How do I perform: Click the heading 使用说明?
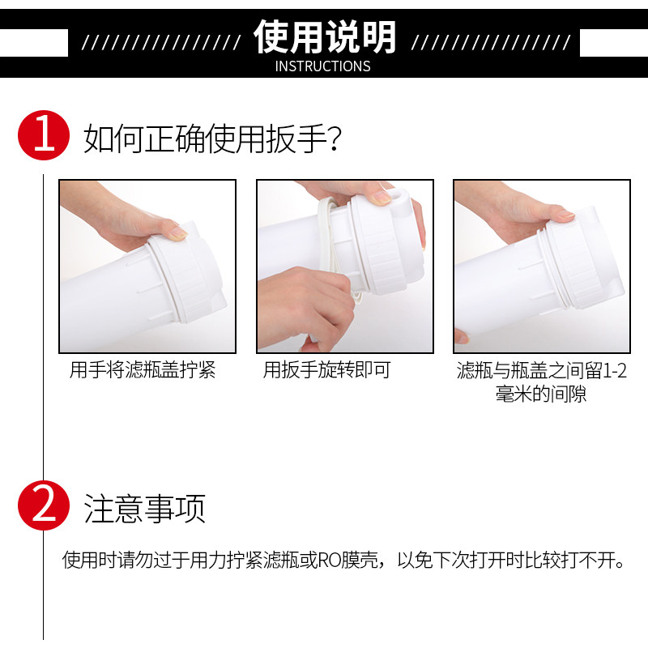point(325,37)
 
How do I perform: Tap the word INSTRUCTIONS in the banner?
point(322,66)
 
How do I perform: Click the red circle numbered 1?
point(44,135)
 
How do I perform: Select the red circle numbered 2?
point(44,505)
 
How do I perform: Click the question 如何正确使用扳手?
point(213,139)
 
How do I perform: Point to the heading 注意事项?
point(145,509)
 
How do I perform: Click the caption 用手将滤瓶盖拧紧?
point(143,370)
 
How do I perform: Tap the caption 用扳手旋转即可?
point(327,370)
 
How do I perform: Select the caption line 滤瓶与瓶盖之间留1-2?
point(541,370)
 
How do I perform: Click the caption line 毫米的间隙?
point(541,394)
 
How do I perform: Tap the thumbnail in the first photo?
point(178,232)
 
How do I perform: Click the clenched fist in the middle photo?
point(306,306)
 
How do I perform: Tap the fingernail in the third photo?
point(565,215)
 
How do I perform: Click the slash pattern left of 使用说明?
point(161,43)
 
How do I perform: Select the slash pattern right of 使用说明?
point(491,43)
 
